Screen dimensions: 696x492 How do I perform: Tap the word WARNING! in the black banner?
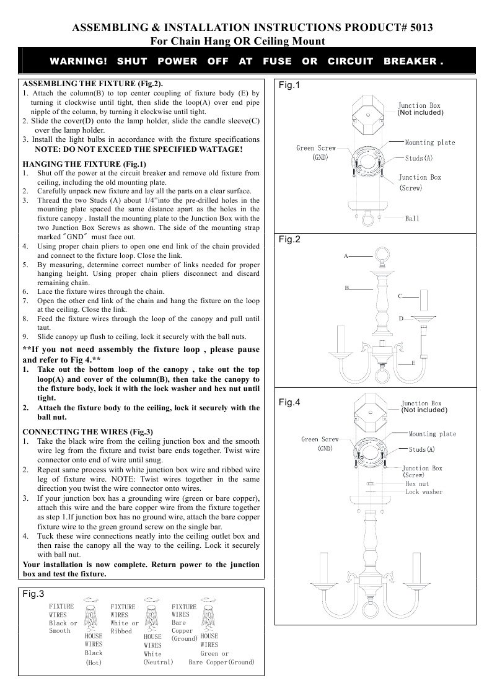coord(79,61)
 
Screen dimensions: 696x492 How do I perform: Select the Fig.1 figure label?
coord(289,85)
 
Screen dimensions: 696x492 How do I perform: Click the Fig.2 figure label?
coord(289,239)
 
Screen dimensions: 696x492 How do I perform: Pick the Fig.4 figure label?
coord(289,402)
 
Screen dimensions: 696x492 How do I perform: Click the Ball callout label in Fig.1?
coord(412,219)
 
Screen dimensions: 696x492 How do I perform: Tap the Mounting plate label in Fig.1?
coord(429,143)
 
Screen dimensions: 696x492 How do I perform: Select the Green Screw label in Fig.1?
coord(315,148)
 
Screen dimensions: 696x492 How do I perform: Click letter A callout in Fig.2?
coord(345,255)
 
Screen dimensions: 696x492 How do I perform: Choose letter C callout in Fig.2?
coord(400,297)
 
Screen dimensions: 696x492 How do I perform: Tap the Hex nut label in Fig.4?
coord(417,483)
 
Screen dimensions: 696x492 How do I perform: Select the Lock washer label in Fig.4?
coord(424,491)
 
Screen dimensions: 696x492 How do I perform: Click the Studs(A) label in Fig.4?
coord(423,449)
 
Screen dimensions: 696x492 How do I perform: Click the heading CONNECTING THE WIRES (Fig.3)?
coord(87,431)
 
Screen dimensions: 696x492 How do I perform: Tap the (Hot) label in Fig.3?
coord(93,663)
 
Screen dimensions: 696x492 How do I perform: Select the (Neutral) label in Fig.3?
coord(158,662)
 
